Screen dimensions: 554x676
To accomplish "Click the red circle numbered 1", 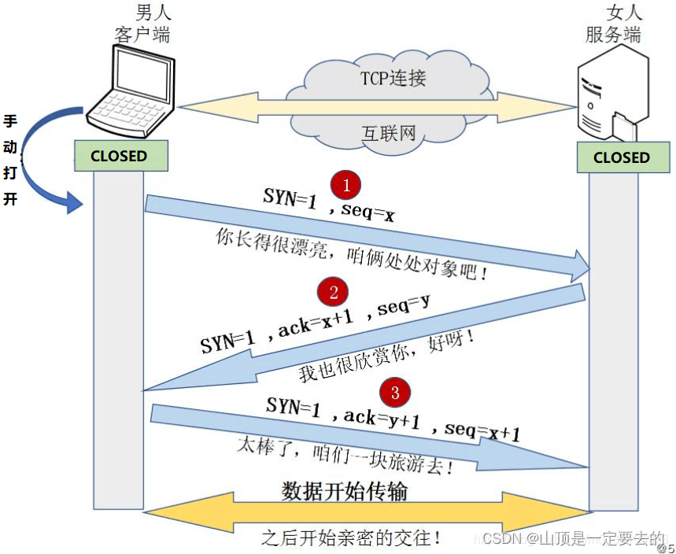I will (346, 185).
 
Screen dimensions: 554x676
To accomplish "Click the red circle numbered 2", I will (334, 293).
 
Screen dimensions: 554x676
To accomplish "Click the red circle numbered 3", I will (395, 391).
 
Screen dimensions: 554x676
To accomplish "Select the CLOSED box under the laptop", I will (120, 156).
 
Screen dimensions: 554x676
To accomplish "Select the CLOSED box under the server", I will (621, 157).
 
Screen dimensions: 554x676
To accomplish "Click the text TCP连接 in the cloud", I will (393, 79).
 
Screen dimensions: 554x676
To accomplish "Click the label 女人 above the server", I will (626, 13).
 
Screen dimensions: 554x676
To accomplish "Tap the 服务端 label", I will (613, 35).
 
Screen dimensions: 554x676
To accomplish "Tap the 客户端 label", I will (142, 35).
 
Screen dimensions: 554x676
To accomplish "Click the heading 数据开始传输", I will (345, 491).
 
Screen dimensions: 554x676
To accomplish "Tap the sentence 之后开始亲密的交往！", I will (351, 537).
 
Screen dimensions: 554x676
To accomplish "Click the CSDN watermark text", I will (573, 538).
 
